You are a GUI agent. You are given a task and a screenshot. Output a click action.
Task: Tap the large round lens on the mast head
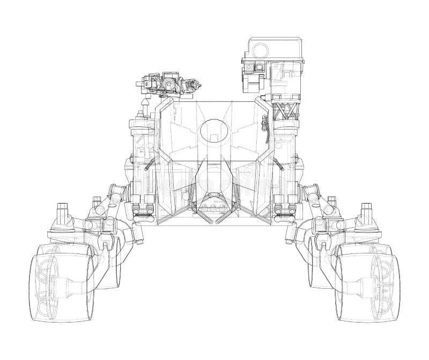tap(260, 50)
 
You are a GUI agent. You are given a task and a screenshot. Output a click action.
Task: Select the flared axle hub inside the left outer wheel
tap(75, 287)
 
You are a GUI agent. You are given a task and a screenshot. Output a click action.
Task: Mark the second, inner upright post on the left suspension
tap(97, 204)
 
